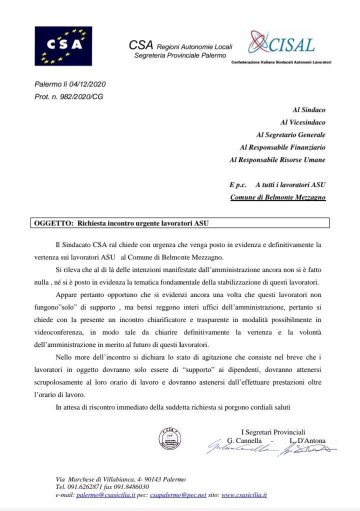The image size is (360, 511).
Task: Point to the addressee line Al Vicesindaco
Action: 302,122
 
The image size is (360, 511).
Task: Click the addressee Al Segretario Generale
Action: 290,134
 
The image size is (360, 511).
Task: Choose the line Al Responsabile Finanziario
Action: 282,147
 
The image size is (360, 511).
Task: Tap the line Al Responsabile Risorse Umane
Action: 277,160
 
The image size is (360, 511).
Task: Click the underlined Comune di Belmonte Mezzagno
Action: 277,197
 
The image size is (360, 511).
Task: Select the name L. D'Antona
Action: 307,440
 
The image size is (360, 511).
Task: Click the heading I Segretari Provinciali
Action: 273,432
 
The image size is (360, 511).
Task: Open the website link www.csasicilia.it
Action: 244,495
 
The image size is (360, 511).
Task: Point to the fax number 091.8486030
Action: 132,487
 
